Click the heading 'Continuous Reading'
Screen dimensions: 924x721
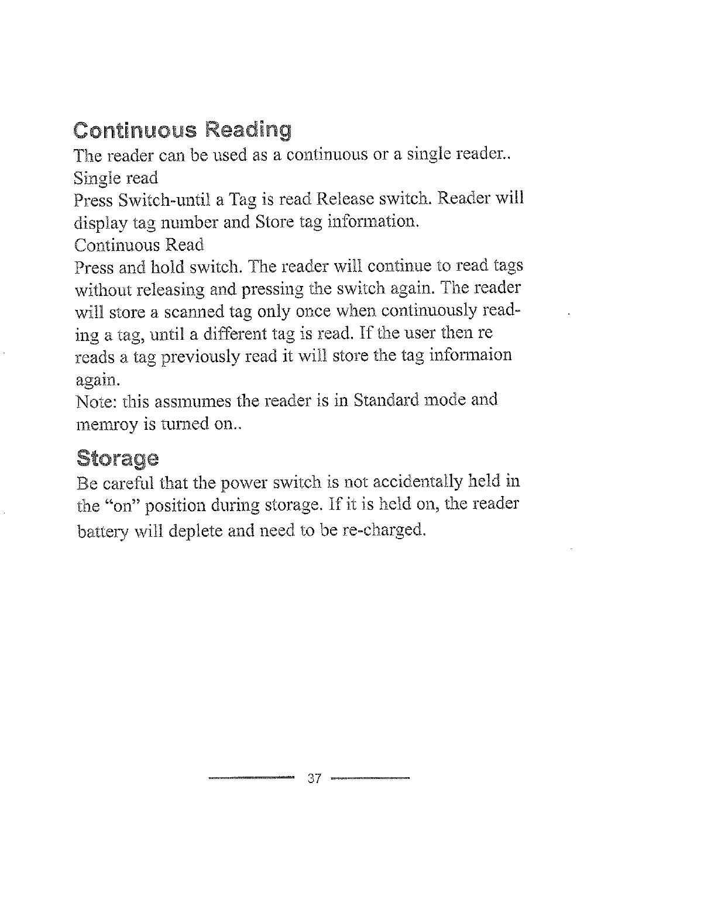[x=182, y=130]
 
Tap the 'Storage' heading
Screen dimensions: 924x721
[x=117, y=458]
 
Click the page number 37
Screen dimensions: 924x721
[x=315, y=779]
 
